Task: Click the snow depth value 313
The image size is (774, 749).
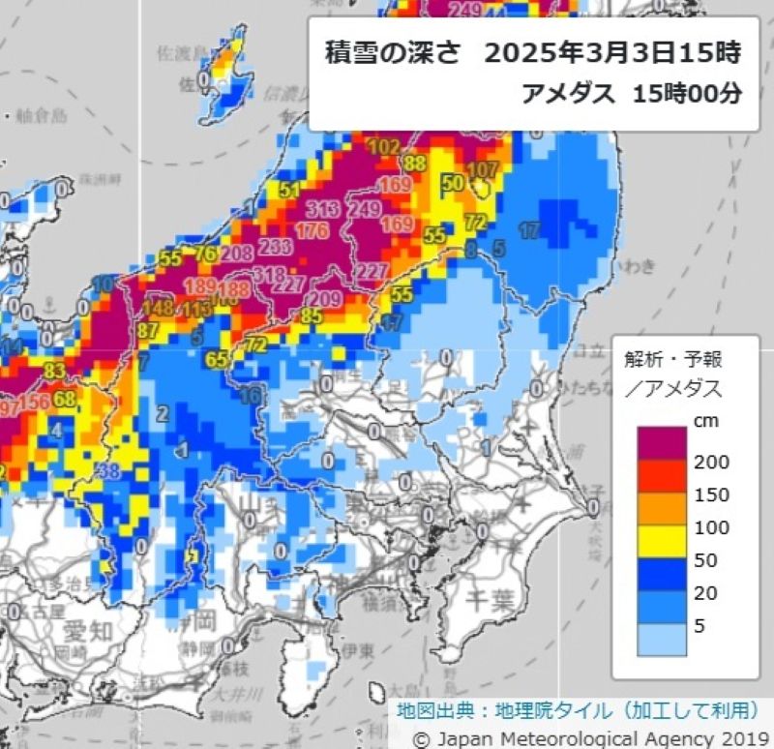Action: point(320,209)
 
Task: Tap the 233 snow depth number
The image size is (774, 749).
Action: point(276,247)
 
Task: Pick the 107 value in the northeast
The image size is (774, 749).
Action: point(483,169)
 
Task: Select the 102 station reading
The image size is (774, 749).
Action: point(384,147)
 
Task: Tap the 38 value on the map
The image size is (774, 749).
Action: point(108,471)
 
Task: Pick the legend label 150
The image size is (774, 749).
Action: point(711,494)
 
